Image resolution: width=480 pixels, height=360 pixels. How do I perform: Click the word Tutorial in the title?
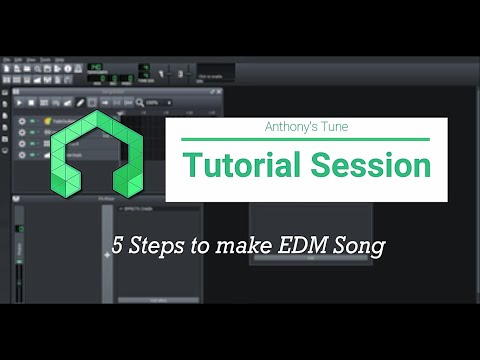231,165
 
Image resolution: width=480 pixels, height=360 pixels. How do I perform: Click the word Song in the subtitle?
360,245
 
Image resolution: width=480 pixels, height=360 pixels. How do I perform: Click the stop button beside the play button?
32,102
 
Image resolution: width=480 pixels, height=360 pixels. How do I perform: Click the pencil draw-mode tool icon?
79,102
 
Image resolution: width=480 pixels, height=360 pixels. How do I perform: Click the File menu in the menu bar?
7,59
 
